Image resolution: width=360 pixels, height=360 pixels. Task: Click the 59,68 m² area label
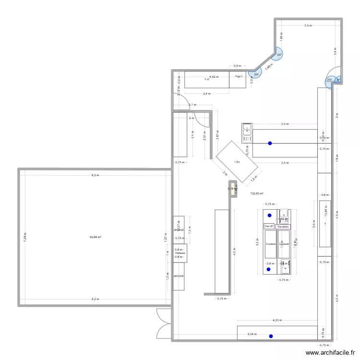coord(95,237)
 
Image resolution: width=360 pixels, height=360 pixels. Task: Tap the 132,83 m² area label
coord(257,193)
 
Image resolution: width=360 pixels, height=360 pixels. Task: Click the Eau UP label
coord(269,227)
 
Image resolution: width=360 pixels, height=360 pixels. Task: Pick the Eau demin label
coord(284,227)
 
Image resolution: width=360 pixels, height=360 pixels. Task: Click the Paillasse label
coord(180,253)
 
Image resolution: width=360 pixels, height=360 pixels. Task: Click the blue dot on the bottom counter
coord(271,336)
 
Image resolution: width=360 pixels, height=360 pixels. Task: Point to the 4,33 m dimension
coord(277,320)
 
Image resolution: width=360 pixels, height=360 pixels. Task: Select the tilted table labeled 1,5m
coord(237,162)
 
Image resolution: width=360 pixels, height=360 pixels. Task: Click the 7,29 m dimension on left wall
coord(24,236)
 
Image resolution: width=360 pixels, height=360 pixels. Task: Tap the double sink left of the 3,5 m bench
coord(247,132)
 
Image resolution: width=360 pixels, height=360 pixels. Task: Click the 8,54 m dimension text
coord(252,334)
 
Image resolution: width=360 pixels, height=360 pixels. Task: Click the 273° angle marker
coord(329,81)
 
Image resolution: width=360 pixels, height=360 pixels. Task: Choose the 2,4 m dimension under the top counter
coord(206,94)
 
